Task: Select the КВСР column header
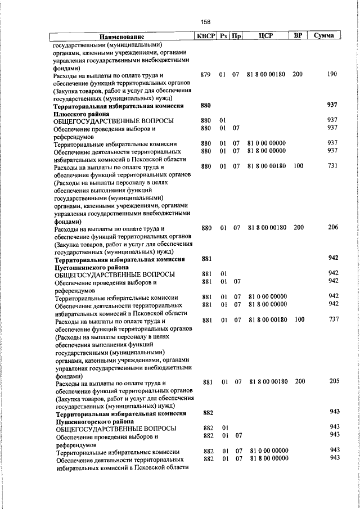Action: [x=205, y=35]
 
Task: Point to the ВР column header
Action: [x=298, y=35]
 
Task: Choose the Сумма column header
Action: [x=325, y=35]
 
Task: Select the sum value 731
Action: [x=333, y=166]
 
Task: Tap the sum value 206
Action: [x=333, y=227]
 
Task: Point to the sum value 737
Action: [x=334, y=319]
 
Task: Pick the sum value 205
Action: [x=334, y=381]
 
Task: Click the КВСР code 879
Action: [x=205, y=75]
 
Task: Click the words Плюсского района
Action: [x=82, y=113]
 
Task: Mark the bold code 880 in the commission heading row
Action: [x=205, y=105]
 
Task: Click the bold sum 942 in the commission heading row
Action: [x=333, y=258]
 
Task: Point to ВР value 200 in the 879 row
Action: [x=298, y=75]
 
